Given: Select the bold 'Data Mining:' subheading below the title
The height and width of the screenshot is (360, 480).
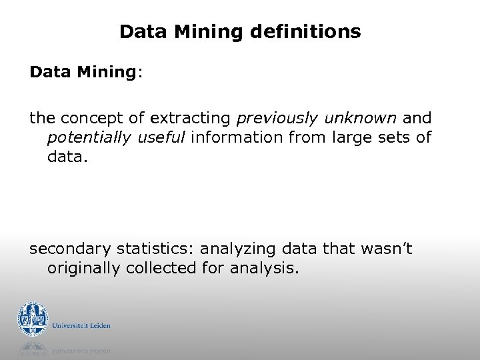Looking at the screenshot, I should [85, 72].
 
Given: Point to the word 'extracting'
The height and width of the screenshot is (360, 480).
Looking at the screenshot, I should [191, 119].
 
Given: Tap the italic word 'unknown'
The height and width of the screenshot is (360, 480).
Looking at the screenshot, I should [361, 119].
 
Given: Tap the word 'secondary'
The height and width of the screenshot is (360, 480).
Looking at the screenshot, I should [69, 249].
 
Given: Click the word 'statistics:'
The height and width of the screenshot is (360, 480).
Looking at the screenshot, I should [155, 249].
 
